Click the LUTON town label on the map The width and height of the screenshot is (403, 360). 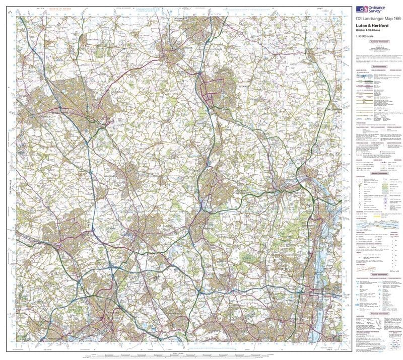tap(105, 119)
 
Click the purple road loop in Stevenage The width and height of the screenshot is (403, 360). tap(212, 87)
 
